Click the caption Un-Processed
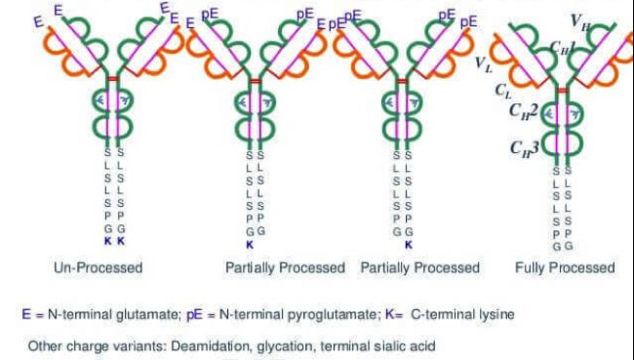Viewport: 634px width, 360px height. [x=99, y=267]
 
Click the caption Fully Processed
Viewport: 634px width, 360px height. [x=565, y=267]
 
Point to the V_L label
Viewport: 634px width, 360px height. [x=484, y=64]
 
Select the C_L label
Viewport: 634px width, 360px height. [x=503, y=92]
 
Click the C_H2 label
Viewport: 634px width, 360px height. [x=523, y=110]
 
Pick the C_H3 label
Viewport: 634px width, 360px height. [x=525, y=147]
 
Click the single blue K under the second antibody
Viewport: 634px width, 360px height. [x=250, y=245]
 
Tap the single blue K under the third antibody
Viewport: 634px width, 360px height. [x=409, y=245]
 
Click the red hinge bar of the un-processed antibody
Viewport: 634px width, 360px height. [x=112, y=79]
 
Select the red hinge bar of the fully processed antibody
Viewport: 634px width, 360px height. [x=562, y=90]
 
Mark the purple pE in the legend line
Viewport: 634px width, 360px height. [x=194, y=315]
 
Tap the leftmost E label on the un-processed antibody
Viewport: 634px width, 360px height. [x=39, y=21]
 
